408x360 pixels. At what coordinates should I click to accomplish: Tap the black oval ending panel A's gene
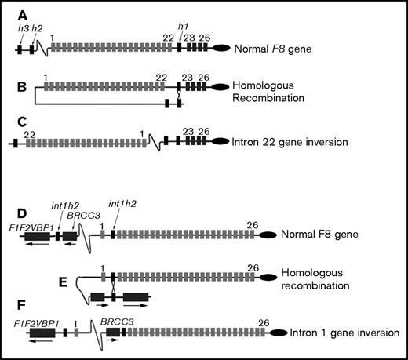(235, 48)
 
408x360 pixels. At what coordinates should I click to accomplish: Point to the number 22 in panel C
(30, 134)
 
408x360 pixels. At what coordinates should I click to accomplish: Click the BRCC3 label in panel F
(115, 321)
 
